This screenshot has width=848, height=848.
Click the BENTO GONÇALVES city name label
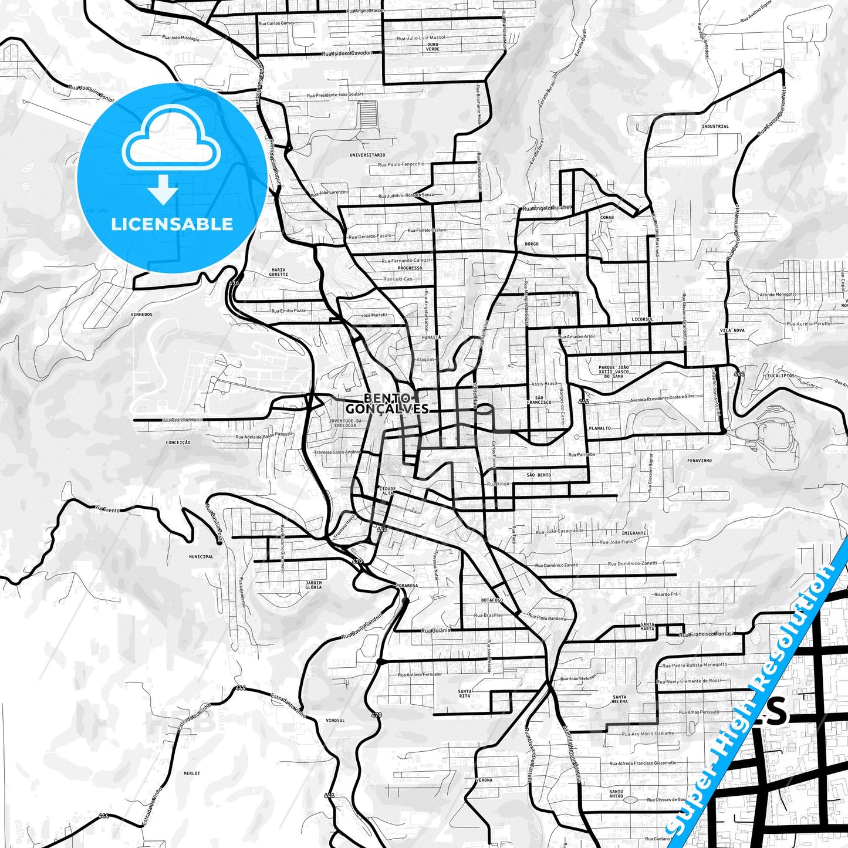(387, 403)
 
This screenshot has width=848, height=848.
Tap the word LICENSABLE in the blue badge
(172, 224)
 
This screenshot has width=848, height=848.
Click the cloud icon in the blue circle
(171, 139)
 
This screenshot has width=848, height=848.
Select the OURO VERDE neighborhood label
(433, 46)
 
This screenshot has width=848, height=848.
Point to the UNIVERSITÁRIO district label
(367, 155)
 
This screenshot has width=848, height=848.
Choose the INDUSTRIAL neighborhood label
(715, 126)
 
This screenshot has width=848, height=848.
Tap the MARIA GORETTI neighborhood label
(278, 272)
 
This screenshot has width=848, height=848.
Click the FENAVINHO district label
(699, 461)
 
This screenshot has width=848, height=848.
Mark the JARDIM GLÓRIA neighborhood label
(313, 585)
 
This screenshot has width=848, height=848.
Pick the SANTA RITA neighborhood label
(465, 694)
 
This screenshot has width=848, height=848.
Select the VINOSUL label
(335, 720)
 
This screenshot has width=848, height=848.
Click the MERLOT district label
(191, 773)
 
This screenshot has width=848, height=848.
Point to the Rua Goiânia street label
(437, 630)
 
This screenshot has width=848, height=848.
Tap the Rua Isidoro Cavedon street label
(347, 53)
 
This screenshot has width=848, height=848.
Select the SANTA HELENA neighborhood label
(619, 700)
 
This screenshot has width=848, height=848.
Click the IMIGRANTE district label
(634, 533)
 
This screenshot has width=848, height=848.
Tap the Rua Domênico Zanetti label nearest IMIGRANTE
(633, 563)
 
